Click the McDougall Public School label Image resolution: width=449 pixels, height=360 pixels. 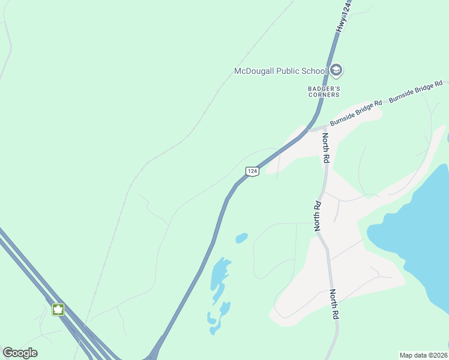pyautogui.click(x=280, y=71)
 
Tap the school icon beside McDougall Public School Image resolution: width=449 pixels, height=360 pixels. pyautogui.click(x=336, y=71)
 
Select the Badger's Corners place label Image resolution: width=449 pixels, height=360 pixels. pyautogui.click(x=324, y=91)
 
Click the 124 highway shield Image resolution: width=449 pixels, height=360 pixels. pyautogui.click(x=253, y=172)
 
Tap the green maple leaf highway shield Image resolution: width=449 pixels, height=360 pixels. pyautogui.click(x=58, y=310)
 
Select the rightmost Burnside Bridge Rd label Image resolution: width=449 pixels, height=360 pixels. pyautogui.click(x=415, y=91)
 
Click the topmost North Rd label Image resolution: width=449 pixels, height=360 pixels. pyautogui.click(x=326, y=148)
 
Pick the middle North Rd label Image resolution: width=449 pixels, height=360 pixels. pyautogui.click(x=318, y=216)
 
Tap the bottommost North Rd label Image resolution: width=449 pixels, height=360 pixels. pyautogui.click(x=334, y=305)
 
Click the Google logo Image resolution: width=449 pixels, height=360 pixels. pyautogui.click(x=20, y=353)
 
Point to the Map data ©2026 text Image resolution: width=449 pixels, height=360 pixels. pyautogui.click(x=423, y=355)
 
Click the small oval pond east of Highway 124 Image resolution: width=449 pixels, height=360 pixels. pyautogui.click(x=241, y=238)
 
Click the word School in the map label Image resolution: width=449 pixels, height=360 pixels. pyautogui.click(x=314, y=71)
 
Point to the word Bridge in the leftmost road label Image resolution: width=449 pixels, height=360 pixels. pyautogui.click(x=358, y=111)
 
